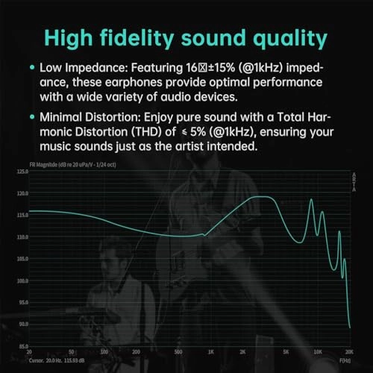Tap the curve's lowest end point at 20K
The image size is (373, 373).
click(349, 327)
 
